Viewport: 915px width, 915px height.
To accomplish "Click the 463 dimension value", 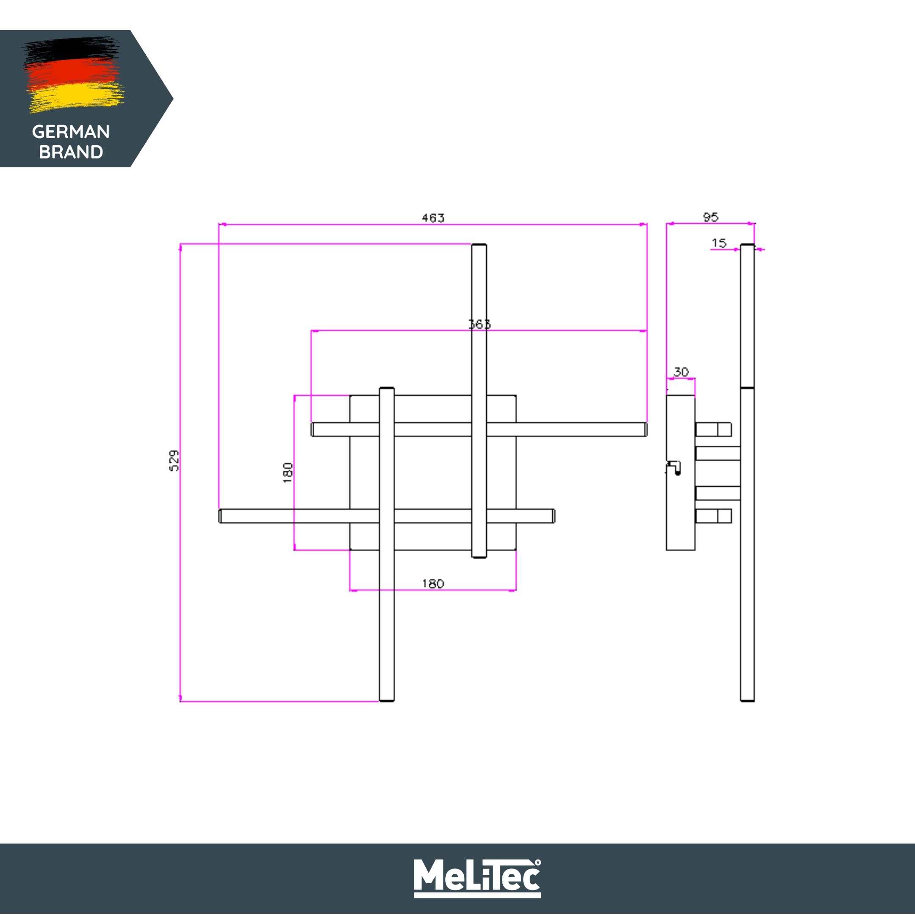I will pyautogui.click(x=433, y=218).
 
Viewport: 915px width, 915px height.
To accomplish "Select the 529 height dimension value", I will pyautogui.click(x=174, y=460).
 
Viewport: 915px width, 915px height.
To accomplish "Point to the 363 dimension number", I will pyautogui.click(x=479, y=324).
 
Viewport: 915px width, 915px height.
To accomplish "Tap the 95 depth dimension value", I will pyautogui.click(x=710, y=217).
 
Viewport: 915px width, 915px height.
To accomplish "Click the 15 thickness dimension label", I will pyautogui.click(x=719, y=243).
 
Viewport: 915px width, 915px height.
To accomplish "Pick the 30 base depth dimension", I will pyautogui.click(x=681, y=372).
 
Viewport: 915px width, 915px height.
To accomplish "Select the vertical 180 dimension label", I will pyautogui.click(x=288, y=473).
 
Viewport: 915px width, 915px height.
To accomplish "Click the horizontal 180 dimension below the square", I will pyautogui.click(x=433, y=583).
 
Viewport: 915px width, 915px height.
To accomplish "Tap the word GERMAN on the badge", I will pyautogui.click(x=71, y=132).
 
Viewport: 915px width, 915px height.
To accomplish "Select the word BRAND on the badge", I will pyautogui.click(x=71, y=152).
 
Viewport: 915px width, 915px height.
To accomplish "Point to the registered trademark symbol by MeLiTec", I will pyautogui.click(x=538, y=862).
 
